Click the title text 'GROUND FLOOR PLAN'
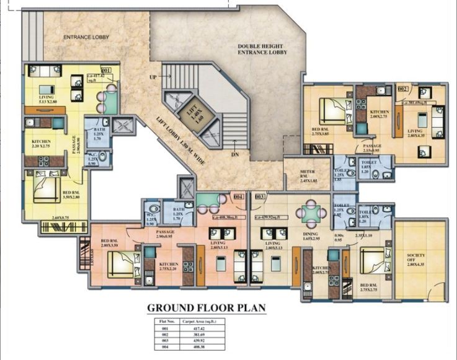point(205,308)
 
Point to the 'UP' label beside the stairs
point(153,77)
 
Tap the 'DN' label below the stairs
point(235,154)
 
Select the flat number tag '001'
point(106,71)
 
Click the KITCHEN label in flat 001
point(42,145)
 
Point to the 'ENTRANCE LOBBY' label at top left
point(86,37)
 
